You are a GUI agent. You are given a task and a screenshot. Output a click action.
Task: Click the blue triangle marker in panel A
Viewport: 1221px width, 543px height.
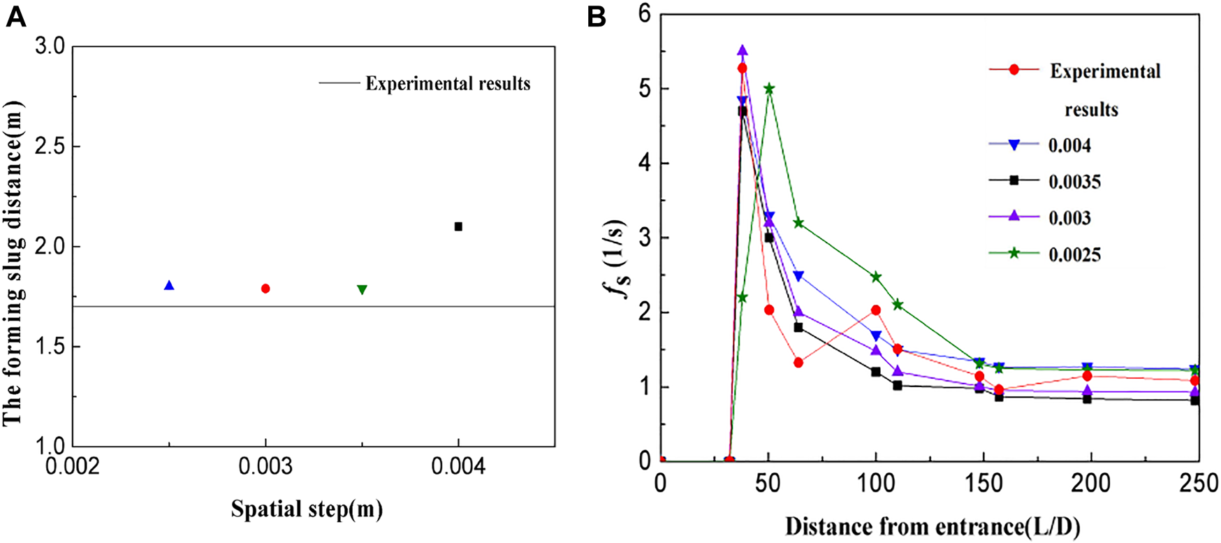(168, 286)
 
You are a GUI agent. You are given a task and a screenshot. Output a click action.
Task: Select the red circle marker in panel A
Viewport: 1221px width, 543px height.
(265, 289)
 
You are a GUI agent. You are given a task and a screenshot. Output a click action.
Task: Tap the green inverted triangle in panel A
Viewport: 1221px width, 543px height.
(362, 289)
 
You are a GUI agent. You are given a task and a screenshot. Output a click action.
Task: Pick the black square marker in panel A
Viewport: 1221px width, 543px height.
(458, 226)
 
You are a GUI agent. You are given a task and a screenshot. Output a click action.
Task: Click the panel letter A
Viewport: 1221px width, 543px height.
(15, 17)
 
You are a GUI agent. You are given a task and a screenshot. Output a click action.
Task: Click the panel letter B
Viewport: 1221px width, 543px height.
(596, 17)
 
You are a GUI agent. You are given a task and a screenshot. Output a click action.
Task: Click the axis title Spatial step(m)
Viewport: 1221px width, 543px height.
(307, 509)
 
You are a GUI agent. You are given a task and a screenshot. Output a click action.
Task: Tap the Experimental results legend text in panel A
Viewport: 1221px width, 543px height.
(448, 84)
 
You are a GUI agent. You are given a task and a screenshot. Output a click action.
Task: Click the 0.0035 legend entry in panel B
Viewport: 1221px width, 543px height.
(1074, 182)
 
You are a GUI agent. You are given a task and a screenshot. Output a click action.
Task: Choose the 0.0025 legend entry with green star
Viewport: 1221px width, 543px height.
(1074, 255)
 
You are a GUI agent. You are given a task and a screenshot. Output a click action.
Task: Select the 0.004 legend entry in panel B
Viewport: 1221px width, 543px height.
(1069, 146)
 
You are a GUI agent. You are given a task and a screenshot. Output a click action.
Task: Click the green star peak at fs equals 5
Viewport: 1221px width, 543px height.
(769, 89)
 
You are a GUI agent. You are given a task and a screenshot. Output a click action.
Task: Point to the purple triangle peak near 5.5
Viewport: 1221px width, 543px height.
(743, 51)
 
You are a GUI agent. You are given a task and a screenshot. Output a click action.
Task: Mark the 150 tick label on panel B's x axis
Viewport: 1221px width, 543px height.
(983, 484)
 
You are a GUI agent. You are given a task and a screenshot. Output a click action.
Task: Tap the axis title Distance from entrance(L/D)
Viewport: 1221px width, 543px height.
(933, 526)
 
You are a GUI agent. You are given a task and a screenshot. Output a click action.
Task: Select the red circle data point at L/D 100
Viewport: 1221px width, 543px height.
(876, 310)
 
